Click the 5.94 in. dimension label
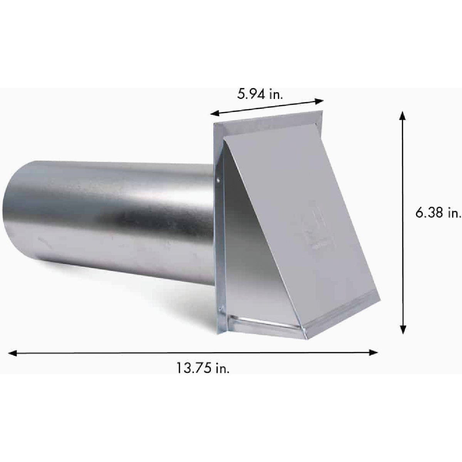(x=261, y=94)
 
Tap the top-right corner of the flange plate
(x=320, y=112)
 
